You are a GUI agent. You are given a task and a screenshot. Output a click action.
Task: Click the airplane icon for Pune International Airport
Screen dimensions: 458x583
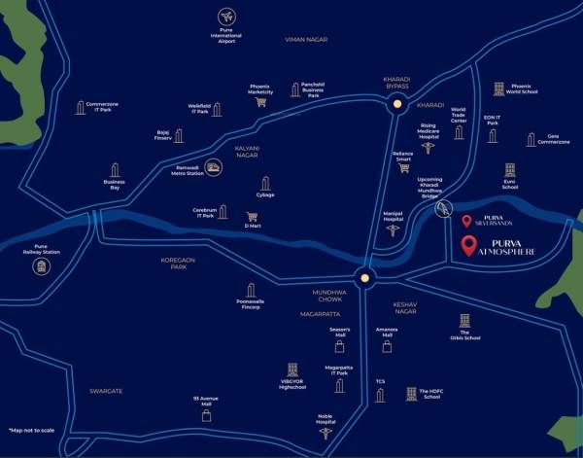click(227, 18)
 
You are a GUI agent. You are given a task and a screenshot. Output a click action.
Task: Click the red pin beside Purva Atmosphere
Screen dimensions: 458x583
click(469, 247)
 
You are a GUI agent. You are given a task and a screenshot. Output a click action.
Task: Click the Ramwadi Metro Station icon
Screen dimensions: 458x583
click(213, 168)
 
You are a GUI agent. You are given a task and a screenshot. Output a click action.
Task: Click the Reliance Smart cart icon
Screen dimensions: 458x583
click(403, 166)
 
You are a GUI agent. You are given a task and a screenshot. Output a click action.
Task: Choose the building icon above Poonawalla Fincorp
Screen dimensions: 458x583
click(251, 290)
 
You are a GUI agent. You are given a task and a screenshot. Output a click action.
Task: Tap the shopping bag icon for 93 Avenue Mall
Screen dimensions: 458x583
click(206, 415)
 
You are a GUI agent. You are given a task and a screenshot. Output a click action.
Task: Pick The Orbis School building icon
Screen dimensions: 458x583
click(465, 321)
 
